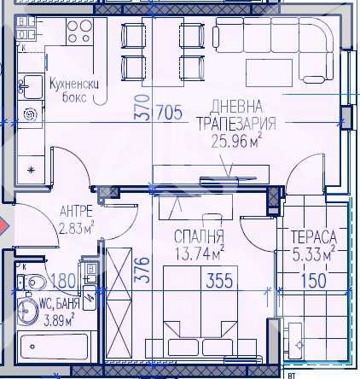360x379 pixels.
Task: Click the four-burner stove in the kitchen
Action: click(78, 32)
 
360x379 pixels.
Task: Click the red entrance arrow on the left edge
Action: click(3, 227)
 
